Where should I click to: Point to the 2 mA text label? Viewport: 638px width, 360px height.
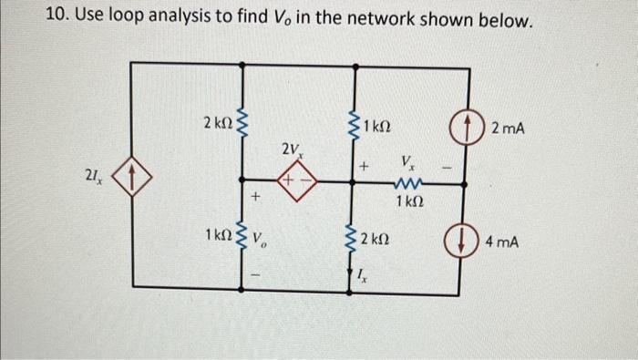tap(508, 129)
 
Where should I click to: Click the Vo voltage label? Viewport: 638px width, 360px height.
tap(261, 242)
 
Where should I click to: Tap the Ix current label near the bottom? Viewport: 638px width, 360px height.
tap(362, 275)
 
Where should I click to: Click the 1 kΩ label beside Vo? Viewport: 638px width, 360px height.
tap(218, 237)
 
